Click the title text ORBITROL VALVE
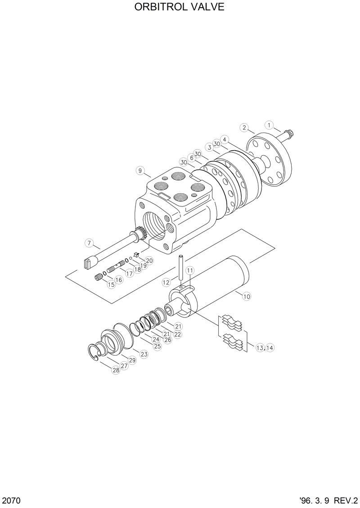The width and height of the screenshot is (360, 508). click(x=180, y=8)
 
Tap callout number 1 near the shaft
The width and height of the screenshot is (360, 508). click(x=269, y=125)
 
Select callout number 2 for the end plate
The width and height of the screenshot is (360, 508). click(x=244, y=128)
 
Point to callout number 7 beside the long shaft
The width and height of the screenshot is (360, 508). click(x=89, y=243)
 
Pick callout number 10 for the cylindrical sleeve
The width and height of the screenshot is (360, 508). click(x=246, y=296)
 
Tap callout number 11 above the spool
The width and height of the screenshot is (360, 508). click(x=190, y=270)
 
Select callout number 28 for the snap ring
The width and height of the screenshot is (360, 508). click(x=116, y=370)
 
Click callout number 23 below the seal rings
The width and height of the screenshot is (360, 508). click(x=144, y=354)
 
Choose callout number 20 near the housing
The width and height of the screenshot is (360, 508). click(x=149, y=260)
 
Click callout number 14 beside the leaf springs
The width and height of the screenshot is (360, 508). click(x=269, y=348)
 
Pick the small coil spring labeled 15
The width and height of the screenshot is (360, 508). click(x=99, y=277)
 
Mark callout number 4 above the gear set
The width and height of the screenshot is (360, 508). click(x=225, y=139)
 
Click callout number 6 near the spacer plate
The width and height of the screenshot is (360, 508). click(x=192, y=158)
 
